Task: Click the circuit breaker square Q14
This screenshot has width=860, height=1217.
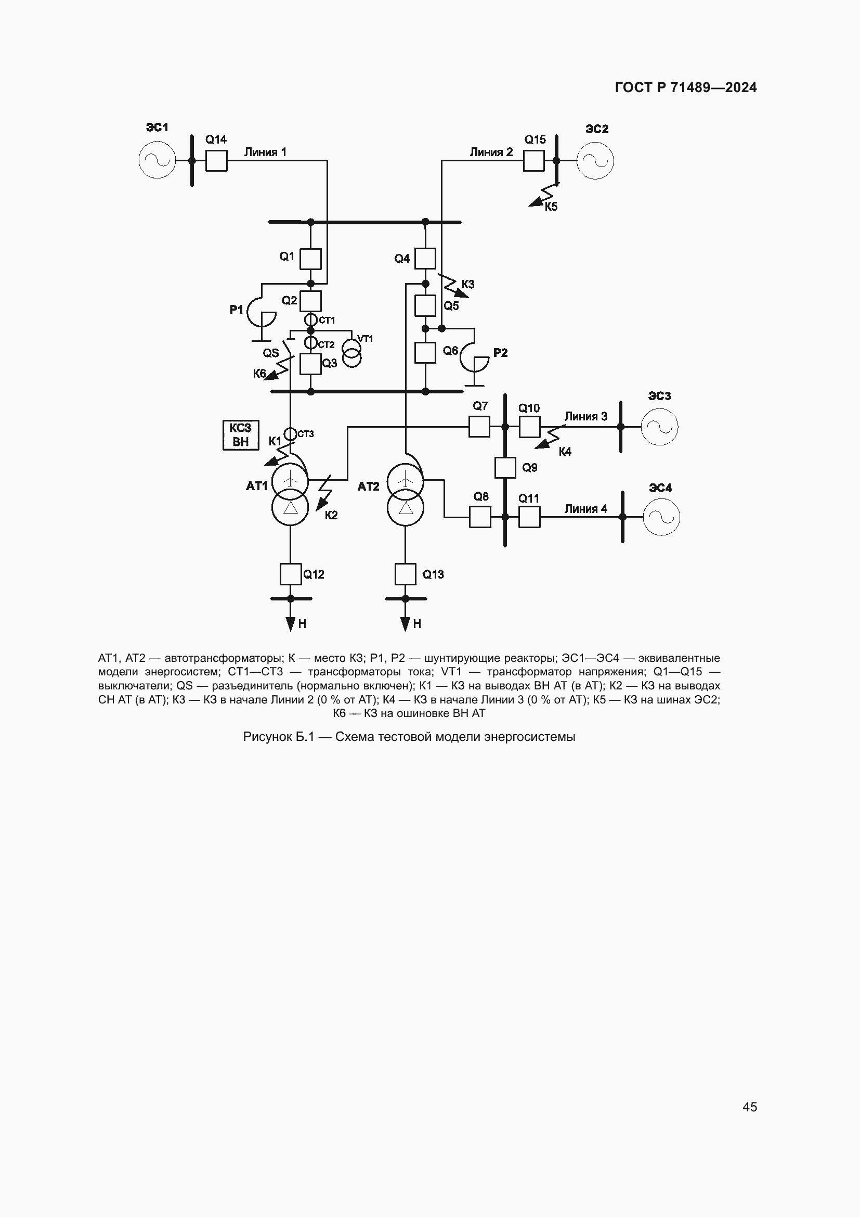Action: pyautogui.click(x=216, y=161)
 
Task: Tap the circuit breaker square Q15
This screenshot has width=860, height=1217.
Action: pyautogui.click(x=534, y=161)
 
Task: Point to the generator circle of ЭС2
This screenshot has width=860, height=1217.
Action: pyautogui.click(x=595, y=161)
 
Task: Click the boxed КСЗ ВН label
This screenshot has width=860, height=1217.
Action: pyautogui.click(x=241, y=434)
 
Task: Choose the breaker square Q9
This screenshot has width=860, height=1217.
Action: pyautogui.click(x=505, y=468)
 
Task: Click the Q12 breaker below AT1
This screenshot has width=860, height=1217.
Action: pyautogui.click(x=290, y=573)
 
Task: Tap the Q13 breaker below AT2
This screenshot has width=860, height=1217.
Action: pyautogui.click(x=405, y=573)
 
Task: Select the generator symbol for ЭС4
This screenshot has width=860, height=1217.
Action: pyautogui.click(x=661, y=517)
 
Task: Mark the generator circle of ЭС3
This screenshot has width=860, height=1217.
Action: pyautogui.click(x=659, y=427)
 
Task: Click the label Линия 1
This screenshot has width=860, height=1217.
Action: pyautogui.click(x=265, y=152)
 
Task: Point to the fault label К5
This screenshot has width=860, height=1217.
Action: pyautogui.click(x=551, y=207)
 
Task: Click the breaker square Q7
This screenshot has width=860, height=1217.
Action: pyautogui.click(x=479, y=426)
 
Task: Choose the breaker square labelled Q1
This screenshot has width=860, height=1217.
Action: pyautogui.click(x=311, y=259)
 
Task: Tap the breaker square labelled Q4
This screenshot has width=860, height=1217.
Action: pyautogui.click(x=425, y=259)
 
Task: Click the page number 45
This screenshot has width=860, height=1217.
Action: pyautogui.click(x=750, y=1107)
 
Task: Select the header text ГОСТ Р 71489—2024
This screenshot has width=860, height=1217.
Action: pyautogui.click(x=686, y=87)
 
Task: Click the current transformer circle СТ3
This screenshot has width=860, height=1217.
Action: pyautogui.click(x=290, y=434)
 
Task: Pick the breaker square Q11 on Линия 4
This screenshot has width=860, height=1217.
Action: pyautogui.click(x=529, y=517)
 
